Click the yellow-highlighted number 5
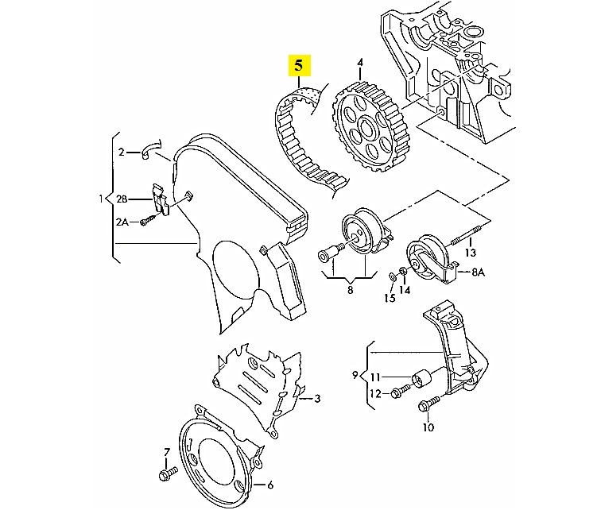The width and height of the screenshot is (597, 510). pos(300,66)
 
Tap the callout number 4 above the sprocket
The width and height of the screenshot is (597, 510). pos(360,62)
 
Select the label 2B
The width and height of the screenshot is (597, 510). pos(122,199)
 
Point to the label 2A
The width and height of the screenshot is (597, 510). pos(122,222)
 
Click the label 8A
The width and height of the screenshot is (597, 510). pos(479,272)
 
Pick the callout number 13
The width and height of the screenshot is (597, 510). pos(471,253)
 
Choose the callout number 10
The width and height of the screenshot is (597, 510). pos(428,427)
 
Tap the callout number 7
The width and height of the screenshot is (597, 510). pos(166,453)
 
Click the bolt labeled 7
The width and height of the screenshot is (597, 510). pos(168,473)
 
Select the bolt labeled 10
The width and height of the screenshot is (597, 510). pos(428,404)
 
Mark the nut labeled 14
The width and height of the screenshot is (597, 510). pos(402,271)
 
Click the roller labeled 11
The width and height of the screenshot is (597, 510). pos(421,378)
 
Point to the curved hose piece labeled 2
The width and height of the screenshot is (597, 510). pos(151,149)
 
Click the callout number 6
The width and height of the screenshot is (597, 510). pos(270,485)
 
